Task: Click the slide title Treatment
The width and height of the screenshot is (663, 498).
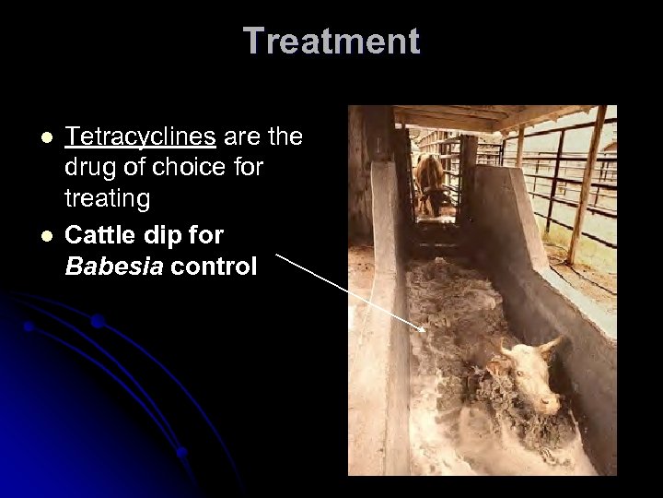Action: (x=331, y=41)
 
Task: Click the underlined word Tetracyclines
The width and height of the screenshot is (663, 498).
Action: (x=141, y=137)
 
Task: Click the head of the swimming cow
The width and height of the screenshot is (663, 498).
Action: (x=534, y=373)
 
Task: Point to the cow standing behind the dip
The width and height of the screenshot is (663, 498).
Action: (x=429, y=180)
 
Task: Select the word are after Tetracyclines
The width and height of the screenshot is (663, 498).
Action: (x=237, y=137)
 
